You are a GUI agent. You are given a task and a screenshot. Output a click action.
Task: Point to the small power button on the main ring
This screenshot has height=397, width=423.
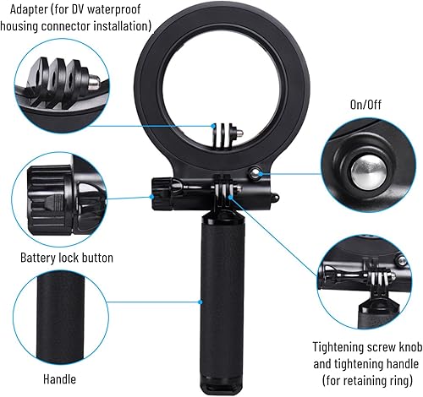tap(255, 174)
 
